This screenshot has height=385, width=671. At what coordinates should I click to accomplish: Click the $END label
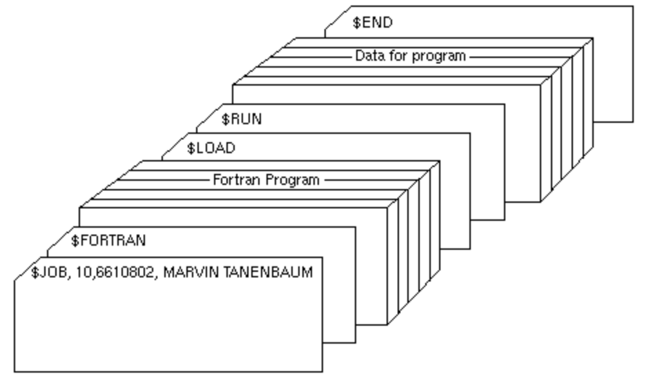click(x=372, y=22)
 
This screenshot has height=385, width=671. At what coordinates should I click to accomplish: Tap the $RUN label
click(x=241, y=119)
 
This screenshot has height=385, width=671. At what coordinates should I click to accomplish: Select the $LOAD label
click(x=211, y=148)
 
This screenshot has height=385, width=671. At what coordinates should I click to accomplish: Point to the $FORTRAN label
click(x=108, y=241)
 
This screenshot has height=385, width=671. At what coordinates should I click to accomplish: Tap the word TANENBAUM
click(x=273, y=272)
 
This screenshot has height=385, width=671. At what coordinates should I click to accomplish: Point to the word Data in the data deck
click(x=369, y=56)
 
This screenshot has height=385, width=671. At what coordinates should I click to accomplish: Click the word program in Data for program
click(x=439, y=56)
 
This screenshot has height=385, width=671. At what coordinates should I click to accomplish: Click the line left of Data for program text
click(x=318, y=56)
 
